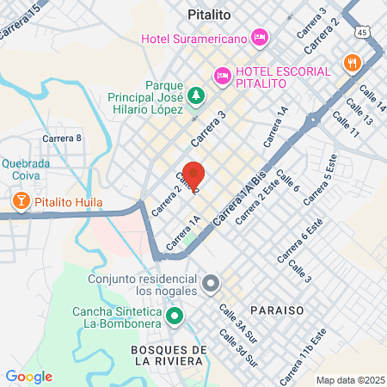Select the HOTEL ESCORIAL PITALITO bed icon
click(223, 76)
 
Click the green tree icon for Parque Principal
click(197, 94)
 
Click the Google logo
click(28, 377)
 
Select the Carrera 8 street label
click(61, 138)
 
